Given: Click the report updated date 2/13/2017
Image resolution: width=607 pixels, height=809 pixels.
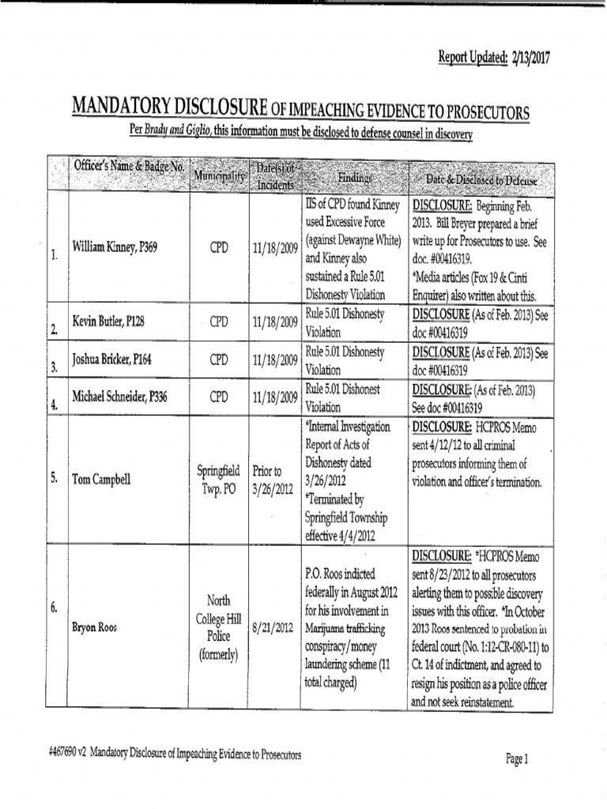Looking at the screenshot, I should (529, 58).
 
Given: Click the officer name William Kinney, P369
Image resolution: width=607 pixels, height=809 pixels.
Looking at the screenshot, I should (115, 247).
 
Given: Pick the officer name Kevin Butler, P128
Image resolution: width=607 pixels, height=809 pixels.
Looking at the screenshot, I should (108, 322).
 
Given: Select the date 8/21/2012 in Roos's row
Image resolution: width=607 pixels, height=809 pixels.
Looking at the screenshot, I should (273, 628).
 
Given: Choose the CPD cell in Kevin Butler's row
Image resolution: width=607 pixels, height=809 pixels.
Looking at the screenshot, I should (219, 322).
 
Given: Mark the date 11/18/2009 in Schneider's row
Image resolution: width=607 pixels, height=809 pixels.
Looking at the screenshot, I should (275, 396).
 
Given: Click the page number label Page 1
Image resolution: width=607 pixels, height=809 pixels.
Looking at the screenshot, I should (516, 759).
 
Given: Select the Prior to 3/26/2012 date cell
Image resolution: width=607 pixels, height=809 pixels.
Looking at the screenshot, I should (273, 479).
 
